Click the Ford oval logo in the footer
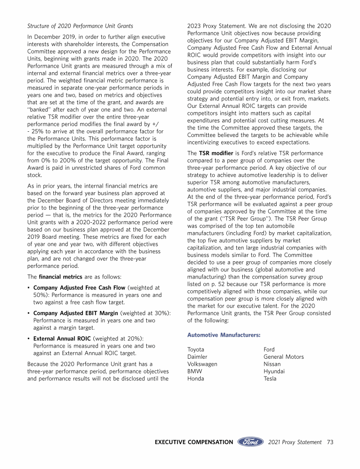[x=250, y=442]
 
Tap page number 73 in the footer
[x=330, y=442]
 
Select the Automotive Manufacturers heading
[x=224, y=335]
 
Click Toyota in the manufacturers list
[x=196, y=349]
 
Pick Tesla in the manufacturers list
[x=270, y=379]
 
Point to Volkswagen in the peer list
[x=202, y=364]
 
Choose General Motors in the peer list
[x=284, y=357]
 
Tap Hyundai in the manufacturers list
[x=274, y=371]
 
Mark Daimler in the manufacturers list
[x=197, y=357]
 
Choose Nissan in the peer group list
[x=272, y=364]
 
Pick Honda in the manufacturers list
[x=195, y=379]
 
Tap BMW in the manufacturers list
[x=194, y=371]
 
